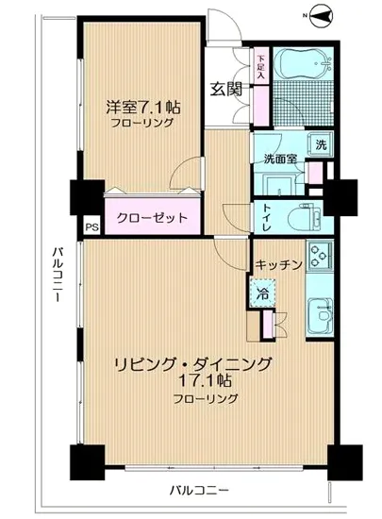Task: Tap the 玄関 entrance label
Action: (225, 90)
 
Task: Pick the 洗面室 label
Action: (282, 159)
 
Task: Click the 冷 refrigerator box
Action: (261, 293)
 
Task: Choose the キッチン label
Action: (277, 265)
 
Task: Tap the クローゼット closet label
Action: (152, 217)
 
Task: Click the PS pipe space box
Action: (91, 226)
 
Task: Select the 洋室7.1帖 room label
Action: (143, 108)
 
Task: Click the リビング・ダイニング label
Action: (194, 364)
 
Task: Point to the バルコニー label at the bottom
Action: (199, 489)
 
